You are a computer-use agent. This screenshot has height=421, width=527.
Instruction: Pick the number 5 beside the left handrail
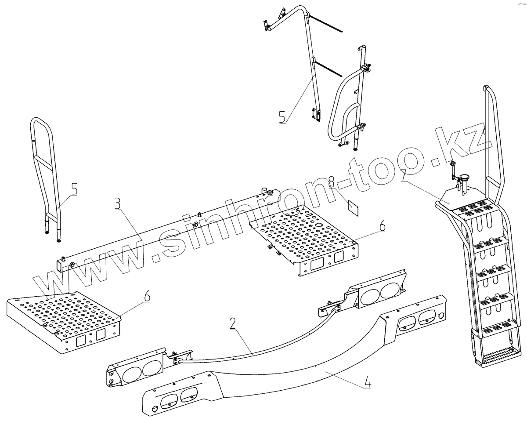[74, 190]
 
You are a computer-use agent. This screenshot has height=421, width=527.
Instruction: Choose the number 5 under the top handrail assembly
[282, 116]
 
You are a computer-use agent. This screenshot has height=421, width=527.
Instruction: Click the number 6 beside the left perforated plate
[146, 296]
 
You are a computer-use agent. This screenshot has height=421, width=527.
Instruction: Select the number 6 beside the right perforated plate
[382, 226]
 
